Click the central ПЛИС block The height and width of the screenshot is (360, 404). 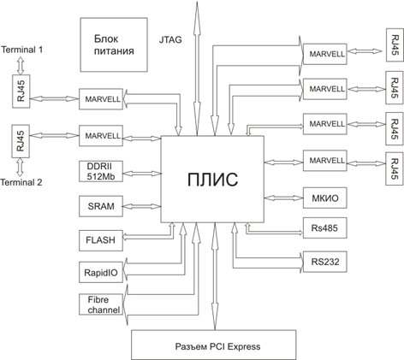pos(212,179)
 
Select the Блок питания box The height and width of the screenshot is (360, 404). pos(114,44)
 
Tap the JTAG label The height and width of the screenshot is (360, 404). pos(170,39)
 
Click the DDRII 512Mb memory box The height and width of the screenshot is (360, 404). pos(101,171)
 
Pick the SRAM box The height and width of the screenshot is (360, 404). pos(101,206)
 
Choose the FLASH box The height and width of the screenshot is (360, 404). pos(101,240)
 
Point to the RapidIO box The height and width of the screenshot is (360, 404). pos(101,273)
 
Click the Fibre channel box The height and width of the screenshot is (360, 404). pos(101,304)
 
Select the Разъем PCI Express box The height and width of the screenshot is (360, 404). pos(214,345)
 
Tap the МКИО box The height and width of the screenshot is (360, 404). pos(325,198)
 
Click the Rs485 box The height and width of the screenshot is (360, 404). pos(325,227)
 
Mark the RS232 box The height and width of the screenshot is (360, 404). pos(325,262)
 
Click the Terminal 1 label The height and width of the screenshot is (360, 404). pos(22,50)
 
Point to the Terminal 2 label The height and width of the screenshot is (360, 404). pos(21,182)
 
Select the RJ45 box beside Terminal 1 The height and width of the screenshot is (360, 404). pos(21,91)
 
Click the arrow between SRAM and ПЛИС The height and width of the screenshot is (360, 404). pos(142,206)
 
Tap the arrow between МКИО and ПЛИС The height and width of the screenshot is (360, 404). pos(283,198)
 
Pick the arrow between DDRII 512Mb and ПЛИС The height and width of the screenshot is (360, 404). pos(142,174)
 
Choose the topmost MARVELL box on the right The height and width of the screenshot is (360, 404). pos(325,54)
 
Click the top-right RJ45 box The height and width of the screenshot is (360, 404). pos(395,44)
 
